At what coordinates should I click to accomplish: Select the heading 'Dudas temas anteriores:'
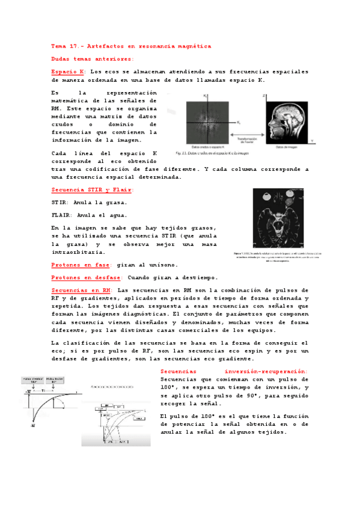(93, 59)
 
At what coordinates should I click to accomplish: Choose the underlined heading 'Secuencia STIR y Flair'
(93, 190)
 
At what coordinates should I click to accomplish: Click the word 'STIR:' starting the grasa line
(61, 202)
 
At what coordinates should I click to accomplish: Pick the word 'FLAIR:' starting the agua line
(63, 215)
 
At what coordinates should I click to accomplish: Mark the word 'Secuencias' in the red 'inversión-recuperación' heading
(183, 371)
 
